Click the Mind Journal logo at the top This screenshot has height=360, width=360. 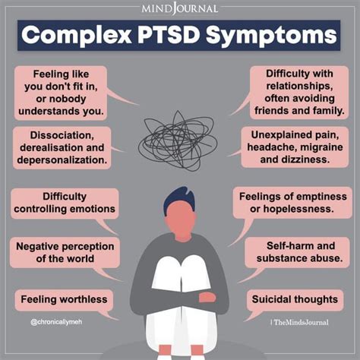(x=180, y=8)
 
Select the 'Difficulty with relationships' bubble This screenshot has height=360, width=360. (x=298, y=93)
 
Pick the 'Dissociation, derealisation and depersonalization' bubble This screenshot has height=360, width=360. (x=61, y=147)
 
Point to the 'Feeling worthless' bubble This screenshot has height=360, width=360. (x=63, y=299)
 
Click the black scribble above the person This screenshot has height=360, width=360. (x=179, y=136)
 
